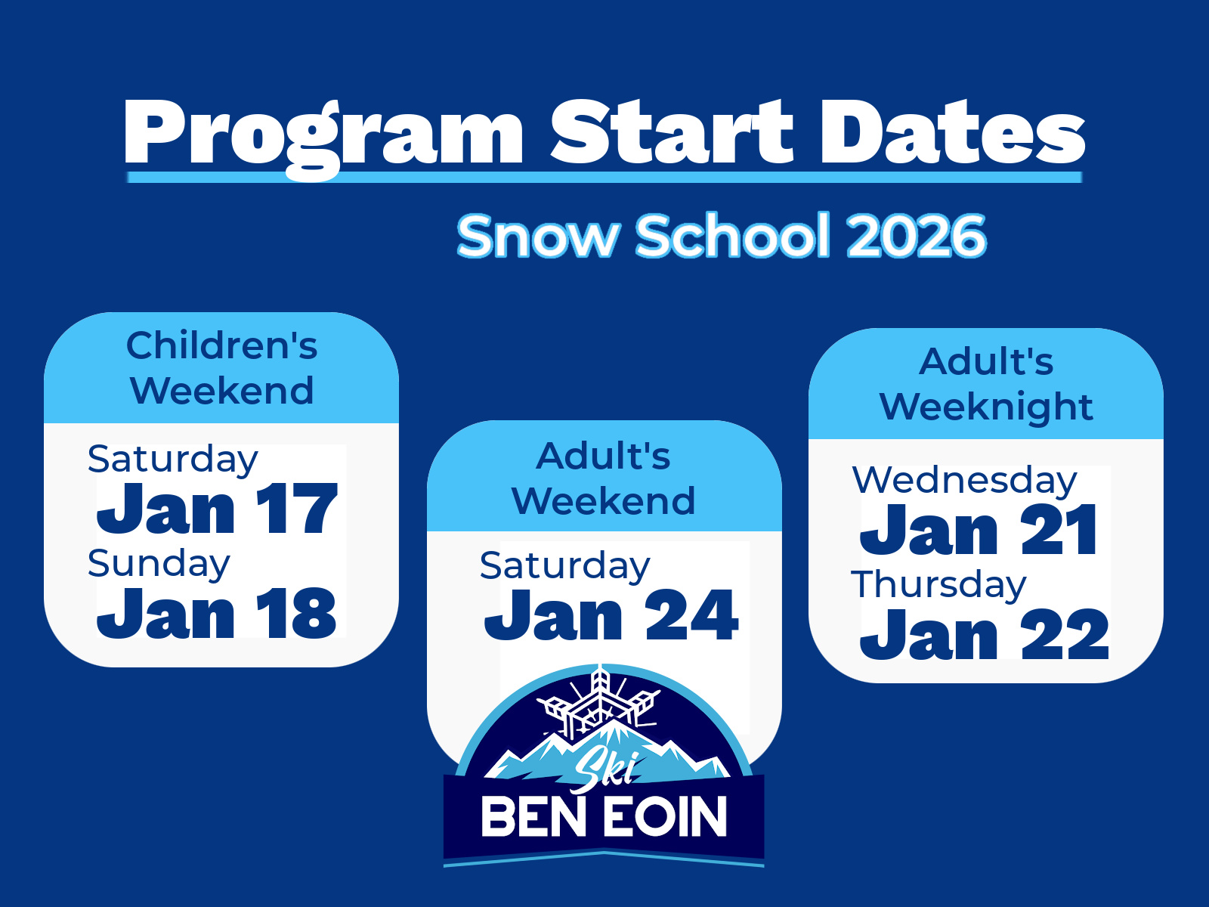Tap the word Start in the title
pyautogui.click(x=672, y=132)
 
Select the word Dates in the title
pyautogui.click(x=953, y=132)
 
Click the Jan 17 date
pyautogui.click(x=216, y=508)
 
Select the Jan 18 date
pyautogui.click(x=216, y=612)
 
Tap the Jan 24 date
pyautogui.click(x=611, y=614)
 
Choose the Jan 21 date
pyautogui.click(x=979, y=529)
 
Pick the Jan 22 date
pyautogui.click(x=985, y=633)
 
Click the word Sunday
pyautogui.click(x=159, y=564)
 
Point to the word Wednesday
pyautogui.click(x=964, y=480)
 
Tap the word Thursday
pyautogui.click(x=938, y=585)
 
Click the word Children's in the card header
pyautogui.click(x=222, y=346)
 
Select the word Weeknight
pyautogui.click(x=987, y=408)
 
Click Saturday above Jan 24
pyautogui.click(x=564, y=566)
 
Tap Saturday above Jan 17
pyautogui.click(x=172, y=460)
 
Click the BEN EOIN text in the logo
pyautogui.click(x=604, y=818)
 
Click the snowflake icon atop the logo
pyautogui.click(x=599, y=702)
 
